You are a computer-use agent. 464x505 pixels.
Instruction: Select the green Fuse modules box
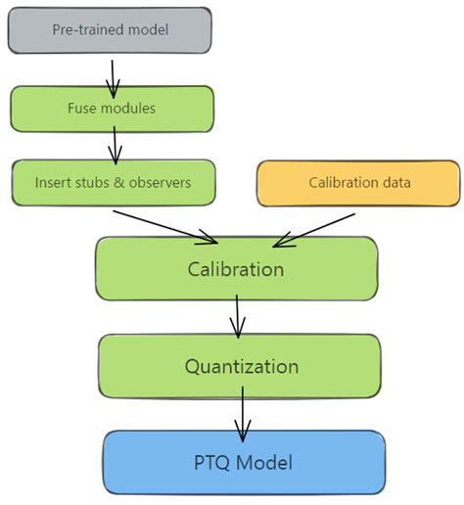(x=112, y=109)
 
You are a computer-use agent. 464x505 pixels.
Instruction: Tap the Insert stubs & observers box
(x=112, y=182)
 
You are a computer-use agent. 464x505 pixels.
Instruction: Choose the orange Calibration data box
(x=358, y=183)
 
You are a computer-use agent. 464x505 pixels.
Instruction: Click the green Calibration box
(x=236, y=268)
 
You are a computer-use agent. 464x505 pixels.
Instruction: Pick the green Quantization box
(x=240, y=366)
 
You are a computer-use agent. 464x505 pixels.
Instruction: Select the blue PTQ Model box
(x=243, y=462)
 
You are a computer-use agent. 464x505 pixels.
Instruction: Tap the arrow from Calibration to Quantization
(x=237, y=316)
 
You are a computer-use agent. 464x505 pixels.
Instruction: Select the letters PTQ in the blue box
(x=217, y=462)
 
